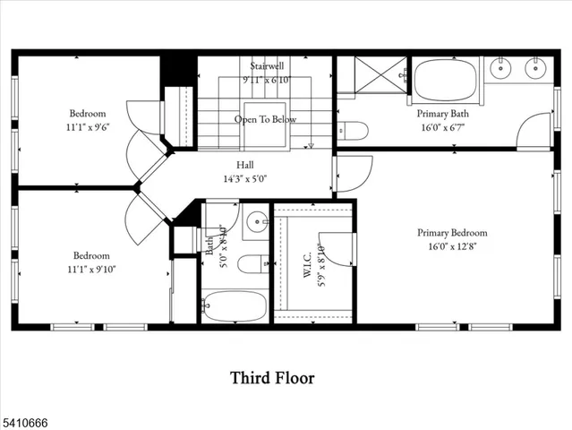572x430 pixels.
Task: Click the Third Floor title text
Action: [x=272, y=378]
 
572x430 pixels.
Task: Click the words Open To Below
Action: [x=265, y=119]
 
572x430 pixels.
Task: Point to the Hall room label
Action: [x=244, y=165]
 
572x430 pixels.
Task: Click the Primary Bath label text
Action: [x=442, y=114]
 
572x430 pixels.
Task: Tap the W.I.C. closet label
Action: [x=306, y=263]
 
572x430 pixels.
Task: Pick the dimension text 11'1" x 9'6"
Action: [x=88, y=127]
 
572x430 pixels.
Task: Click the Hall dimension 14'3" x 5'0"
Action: [x=244, y=178]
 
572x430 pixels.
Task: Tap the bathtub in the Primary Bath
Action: [x=445, y=79]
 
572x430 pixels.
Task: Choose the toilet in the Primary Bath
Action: [x=353, y=132]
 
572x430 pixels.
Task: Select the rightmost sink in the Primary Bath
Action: [x=536, y=68]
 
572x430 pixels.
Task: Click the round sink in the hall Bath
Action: [x=256, y=219]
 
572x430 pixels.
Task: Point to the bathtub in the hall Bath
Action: [x=234, y=306]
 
